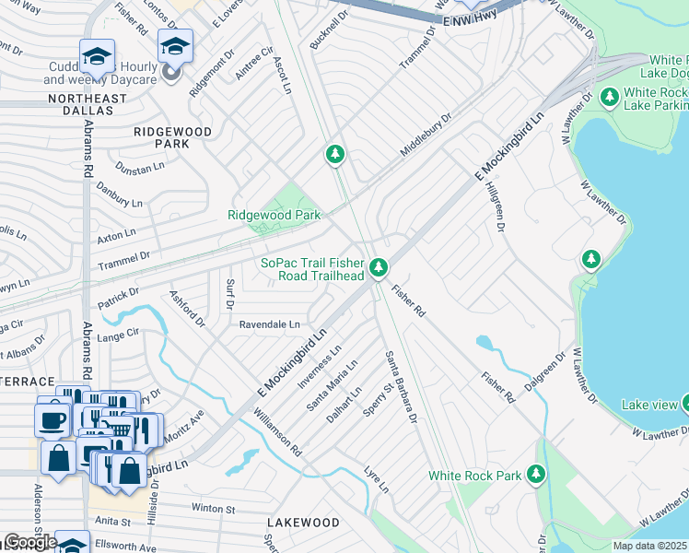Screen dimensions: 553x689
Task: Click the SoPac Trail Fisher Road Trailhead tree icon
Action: click(x=378, y=268)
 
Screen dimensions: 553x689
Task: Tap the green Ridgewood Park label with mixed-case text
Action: click(x=274, y=215)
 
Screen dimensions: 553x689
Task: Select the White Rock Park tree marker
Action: click(x=536, y=475)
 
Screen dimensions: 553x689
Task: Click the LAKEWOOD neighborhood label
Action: click(x=303, y=523)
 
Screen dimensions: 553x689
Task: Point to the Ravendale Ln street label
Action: click(x=269, y=324)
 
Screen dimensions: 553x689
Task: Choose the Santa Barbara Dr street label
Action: click(x=402, y=386)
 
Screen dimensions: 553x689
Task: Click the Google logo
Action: click(x=29, y=542)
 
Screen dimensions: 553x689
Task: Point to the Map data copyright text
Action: click(x=650, y=546)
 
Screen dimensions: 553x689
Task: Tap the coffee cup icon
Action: click(x=52, y=418)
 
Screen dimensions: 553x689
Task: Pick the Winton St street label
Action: click(x=214, y=508)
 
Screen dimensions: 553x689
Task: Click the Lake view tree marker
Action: click(x=686, y=404)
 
